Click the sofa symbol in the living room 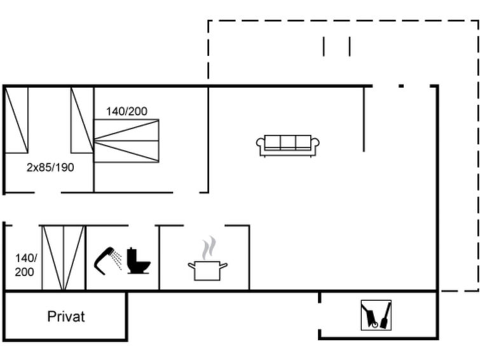tap(288, 146)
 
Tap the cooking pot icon tap(207, 270)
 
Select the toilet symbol tap(139, 261)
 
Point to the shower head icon tap(104, 261)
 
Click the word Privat tap(66, 317)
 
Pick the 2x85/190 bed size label tap(50, 167)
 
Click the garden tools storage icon tap(376, 315)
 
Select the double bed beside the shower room tap(64, 258)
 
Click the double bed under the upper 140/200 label tap(127, 141)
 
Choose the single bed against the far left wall tap(17, 120)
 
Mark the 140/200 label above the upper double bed tap(127, 111)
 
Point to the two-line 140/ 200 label tap(25, 265)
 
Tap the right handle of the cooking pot tap(224, 265)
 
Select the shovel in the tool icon tap(385, 315)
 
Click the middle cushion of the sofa tap(288, 142)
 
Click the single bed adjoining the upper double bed tap(82, 120)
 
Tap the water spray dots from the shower tap(117, 260)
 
